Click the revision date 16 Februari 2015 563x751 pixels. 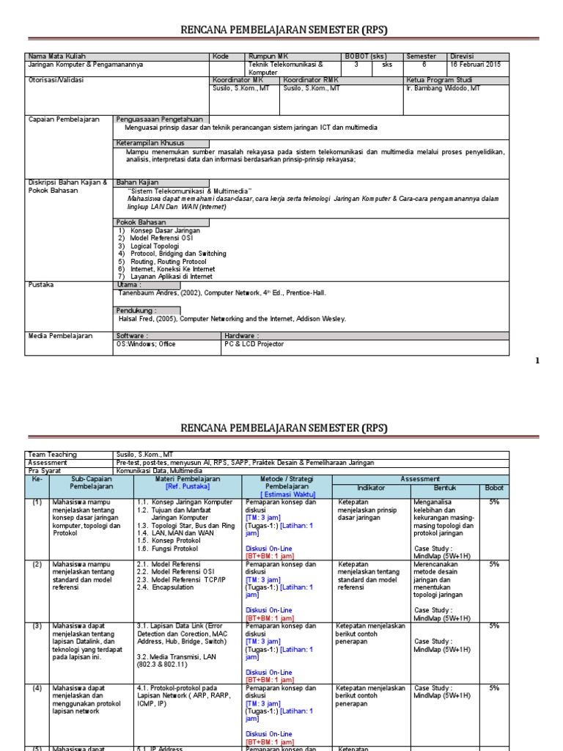(x=475, y=65)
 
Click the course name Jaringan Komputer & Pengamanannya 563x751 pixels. (x=86, y=65)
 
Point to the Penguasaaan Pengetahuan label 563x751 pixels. (x=161, y=119)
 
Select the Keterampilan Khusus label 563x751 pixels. (x=150, y=142)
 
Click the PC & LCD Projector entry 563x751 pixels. (x=254, y=343)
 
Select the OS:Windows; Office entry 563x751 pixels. (x=147, y=343)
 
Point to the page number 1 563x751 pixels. (x=537, y=360)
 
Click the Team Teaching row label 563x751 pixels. (x=51, y=455)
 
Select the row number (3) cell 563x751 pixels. (x=37, y=626)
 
